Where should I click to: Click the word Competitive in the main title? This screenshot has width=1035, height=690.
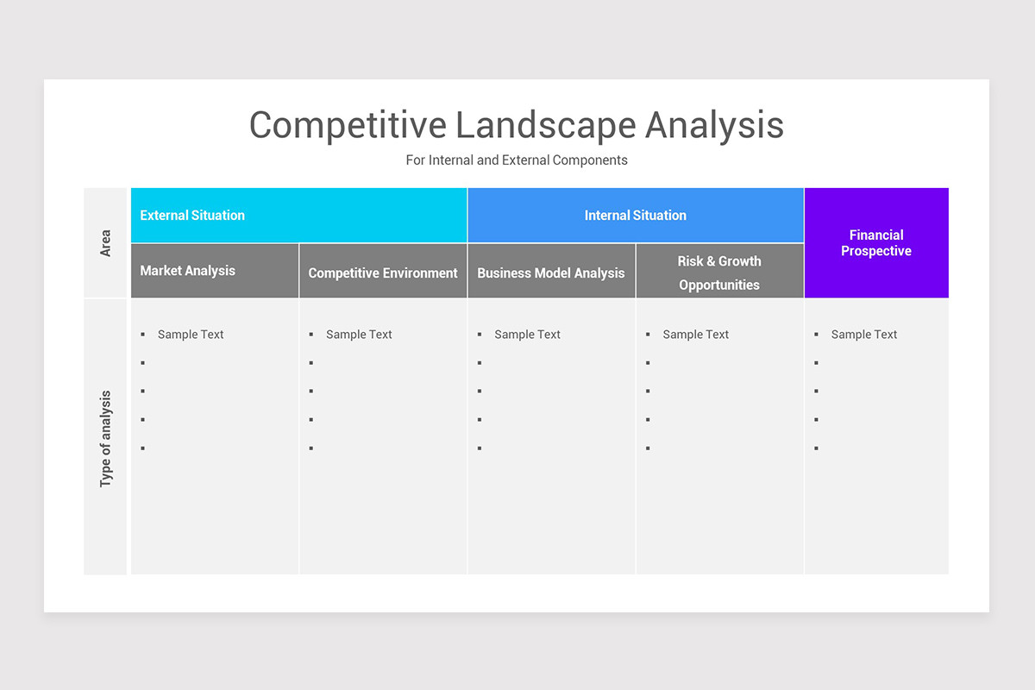(x=348, y=125)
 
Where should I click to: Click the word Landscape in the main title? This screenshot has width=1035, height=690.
(x=545, y=125)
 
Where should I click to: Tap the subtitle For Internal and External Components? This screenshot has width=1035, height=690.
(x=517, y=160)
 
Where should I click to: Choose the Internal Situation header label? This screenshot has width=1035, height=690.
(x=635, y=216)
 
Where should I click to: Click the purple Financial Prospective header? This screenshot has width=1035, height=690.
(x=875, y=243)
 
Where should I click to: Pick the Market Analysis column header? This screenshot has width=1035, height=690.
(x=188, y=271)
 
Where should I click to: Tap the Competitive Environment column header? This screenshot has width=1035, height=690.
(x=383, y=273)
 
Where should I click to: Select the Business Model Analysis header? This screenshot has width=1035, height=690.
(x=550, y=273)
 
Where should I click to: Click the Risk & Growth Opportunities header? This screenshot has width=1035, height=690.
(x=719, y=273)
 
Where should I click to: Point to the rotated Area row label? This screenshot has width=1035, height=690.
(x=106, y=243)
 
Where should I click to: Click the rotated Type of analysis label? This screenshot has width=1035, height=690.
(x=106, y=438)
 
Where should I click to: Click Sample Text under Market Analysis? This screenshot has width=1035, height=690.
(x=191, y=335)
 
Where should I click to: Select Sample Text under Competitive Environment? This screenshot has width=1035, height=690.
(x=359, y=335)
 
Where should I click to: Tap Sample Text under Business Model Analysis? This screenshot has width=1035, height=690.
(x=527, y=335)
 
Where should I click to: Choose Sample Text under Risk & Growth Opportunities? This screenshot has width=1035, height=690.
(x=695, y=335)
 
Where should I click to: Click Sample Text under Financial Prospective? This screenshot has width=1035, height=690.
(x=863, y=335)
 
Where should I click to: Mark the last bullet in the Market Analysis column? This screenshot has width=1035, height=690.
(x=142, y=448)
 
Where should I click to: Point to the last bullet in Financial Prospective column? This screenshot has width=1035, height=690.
(x=816, y=448)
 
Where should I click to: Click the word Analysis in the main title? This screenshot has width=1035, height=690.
(x=714, y=125)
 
